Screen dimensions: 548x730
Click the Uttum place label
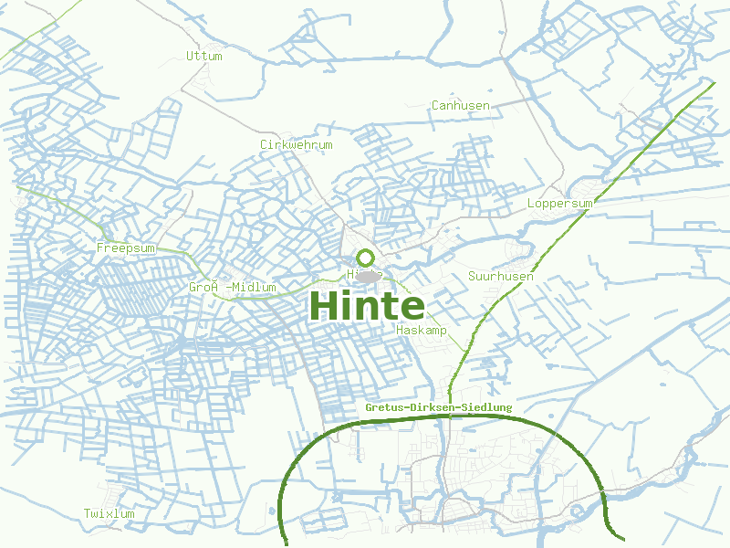click(203, 56)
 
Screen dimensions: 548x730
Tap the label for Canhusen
click(460, 105)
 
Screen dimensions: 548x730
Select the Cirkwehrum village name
click(296, 144)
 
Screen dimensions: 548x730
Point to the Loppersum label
click(559, 203)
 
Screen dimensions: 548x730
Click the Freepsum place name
click(126, 248)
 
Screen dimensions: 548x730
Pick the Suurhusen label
click(500, 275)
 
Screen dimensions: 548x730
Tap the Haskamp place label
click(422, 330)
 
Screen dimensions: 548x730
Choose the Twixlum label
click(109, 513)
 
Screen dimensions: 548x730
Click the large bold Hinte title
click(367, 305)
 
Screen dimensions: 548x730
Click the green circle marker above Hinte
click(365, 258)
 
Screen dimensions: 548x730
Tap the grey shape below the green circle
click(368, 276)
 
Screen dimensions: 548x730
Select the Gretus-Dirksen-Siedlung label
click(438, 406)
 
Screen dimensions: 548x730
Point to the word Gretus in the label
click(382, 406)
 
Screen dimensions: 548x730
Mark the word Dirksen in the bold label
click(431, 406)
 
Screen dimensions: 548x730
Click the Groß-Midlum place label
click(232, 287)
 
